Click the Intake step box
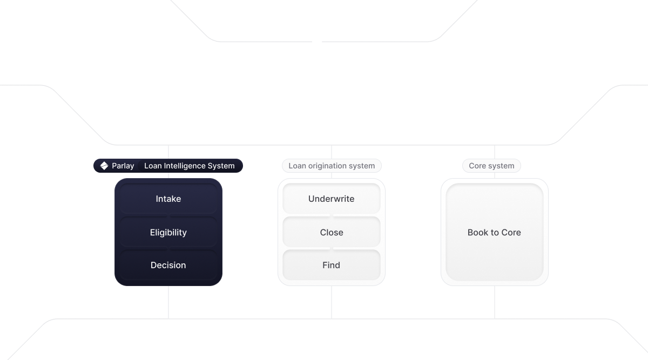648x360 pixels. pyautogui.click(x=168, y=199)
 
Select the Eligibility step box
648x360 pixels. pyautogui.click(x=168, y=233)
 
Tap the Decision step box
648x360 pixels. pyautogui.click(x=168, y=265)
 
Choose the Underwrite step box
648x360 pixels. pyautogui.click(x=331, y=199)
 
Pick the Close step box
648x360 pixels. pyautogui.click(x=331, y=233)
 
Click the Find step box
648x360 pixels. pyautogui.click(x=331, y=265)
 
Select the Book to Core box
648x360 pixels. pyautogui.click(x=494, y=233)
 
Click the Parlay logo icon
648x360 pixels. pyautogui.click(x=104, y=166)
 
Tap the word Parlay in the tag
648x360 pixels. pyautogui.click(x=123, y=166)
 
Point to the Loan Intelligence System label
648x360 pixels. pyautogui.click(x=189, y=166)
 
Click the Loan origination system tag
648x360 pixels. pyautogui.click(x=331, y=166)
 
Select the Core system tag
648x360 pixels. pyautogui.click(x=491, y=166)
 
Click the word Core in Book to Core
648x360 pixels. pyautogui.click(x=511, y=233)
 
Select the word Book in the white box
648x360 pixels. pyautogui.click(x=477, y=233)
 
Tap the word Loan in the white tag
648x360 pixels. pyautogui.click(x=296, y=166)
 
